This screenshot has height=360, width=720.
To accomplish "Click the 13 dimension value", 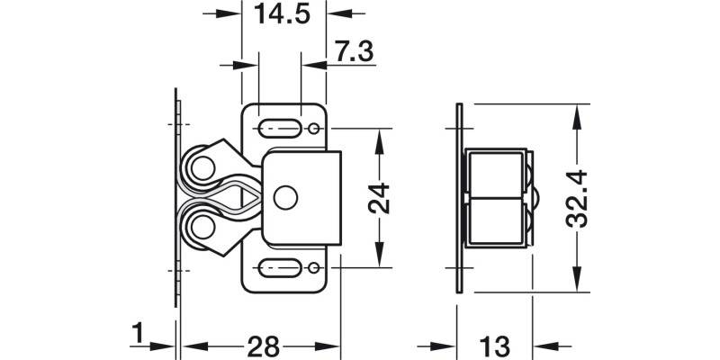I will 496,346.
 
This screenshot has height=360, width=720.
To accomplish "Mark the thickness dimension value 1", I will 137,335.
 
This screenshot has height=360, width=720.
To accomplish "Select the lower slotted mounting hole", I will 279,268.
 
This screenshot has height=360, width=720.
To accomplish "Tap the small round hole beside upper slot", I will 312,130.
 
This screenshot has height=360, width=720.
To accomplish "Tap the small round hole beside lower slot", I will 312,267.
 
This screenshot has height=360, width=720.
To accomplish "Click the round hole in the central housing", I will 288,195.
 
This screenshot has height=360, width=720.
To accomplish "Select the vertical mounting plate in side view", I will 459,198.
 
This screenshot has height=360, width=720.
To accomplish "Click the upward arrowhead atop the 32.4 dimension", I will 577,112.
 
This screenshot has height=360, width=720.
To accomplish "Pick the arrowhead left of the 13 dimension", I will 449,346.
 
